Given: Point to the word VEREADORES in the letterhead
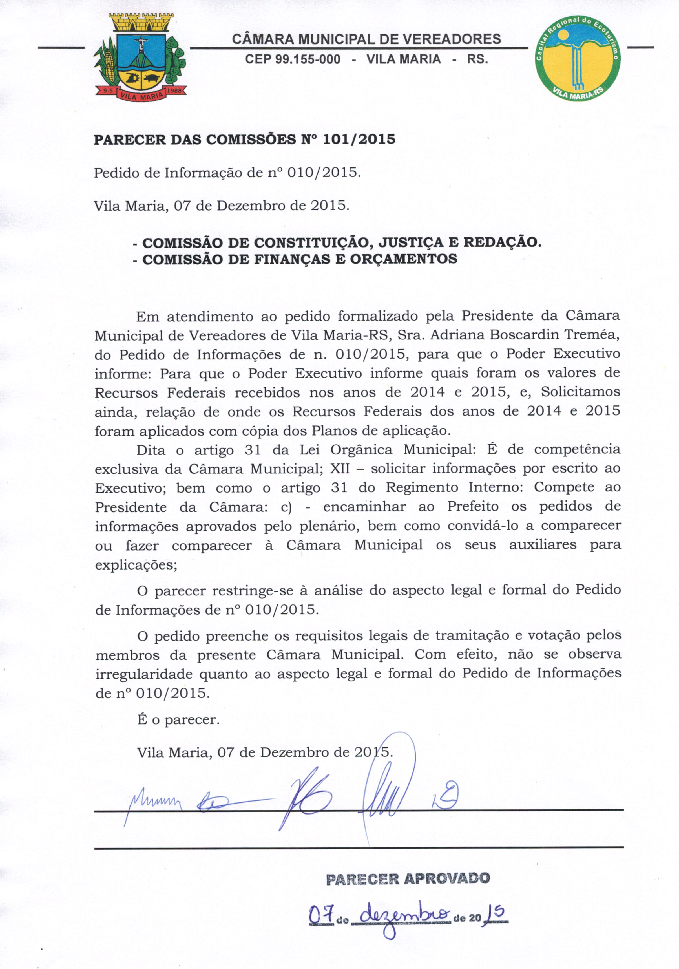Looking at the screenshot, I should (x=452, y=39).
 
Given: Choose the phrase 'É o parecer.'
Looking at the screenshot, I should (x=178, y=719).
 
